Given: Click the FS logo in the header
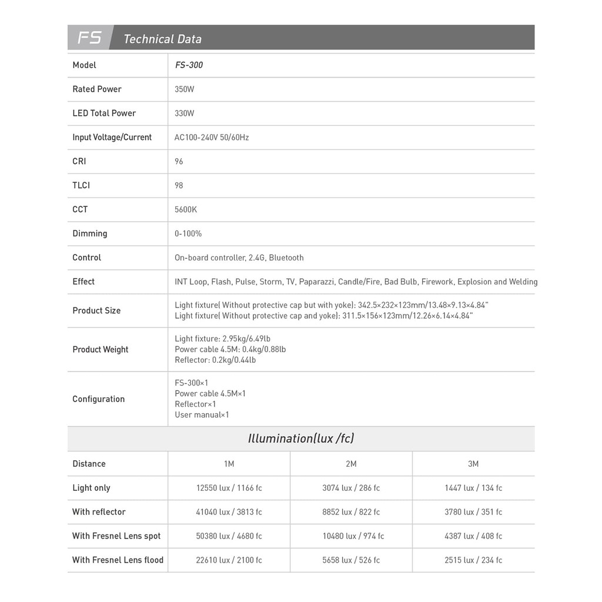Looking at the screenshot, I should tap(89, 38).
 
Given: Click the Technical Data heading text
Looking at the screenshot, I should tap(162, 39).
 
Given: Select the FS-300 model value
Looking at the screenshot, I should tap(189, 65).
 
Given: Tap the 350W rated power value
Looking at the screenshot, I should tap(184, 89).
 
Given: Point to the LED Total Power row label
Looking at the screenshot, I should tap(104, 113).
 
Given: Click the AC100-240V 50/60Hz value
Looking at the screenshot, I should tap(212, 138).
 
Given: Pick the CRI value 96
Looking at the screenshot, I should tap(179, 162).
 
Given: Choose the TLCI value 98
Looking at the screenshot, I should tap(179, 186).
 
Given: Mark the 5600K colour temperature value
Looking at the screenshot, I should tap(186, 210).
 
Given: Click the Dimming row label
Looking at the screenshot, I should tap(90, 234).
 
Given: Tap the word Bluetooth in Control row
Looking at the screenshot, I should tap(286, 258).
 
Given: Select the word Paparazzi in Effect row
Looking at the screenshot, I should tap(317, 282).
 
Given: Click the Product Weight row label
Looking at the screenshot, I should tap(101, 350).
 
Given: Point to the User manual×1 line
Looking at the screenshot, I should tap(202, 415).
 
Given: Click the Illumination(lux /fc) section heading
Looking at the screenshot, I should tap(301, 439).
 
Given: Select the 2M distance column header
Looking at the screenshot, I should tap(351, 464).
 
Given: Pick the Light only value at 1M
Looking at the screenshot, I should tap(229, 488).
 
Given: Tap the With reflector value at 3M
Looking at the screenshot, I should tap(473, 512).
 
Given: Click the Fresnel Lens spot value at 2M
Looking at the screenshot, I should tap(353, 536).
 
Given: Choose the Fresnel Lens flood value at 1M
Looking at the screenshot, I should tap(229, 560).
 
